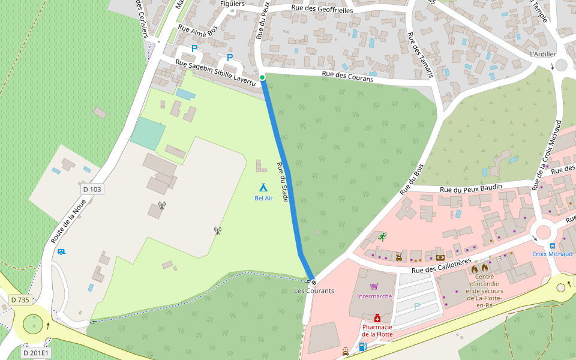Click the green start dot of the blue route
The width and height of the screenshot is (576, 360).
tap(262, 77)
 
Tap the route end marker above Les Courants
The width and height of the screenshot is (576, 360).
tap(313, 282)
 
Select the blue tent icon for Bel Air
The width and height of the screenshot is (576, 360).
tap(263, 187)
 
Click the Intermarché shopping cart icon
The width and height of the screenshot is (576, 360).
tap(374, 286)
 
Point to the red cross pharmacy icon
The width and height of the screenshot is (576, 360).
tap(377, 317)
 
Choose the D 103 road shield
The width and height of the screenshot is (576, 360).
tap(92, 189)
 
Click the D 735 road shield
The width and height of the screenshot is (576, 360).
tap(20, 299)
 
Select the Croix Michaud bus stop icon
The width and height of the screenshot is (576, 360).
tap(552, 245)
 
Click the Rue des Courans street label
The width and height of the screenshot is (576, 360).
tap(347, 77)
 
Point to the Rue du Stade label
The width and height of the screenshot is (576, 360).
tap(283, 181)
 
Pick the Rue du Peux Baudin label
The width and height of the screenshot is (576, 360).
tap(470, 188)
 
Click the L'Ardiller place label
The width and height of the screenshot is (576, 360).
tap(543, 54)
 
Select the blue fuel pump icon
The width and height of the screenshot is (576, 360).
tap(362, 347)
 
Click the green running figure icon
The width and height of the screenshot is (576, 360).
tap(382, 236)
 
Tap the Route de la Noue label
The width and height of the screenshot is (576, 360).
tap(68, 221)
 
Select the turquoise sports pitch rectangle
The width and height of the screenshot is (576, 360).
tap(148, 133)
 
